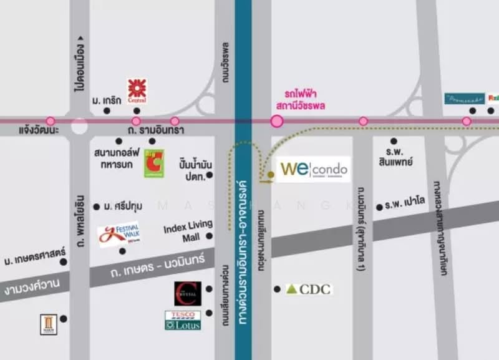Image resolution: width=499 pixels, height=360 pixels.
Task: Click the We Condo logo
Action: (x=313, y=169)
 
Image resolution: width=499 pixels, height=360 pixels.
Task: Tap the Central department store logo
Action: (x=137, y=90)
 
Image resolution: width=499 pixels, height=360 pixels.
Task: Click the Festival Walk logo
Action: (x=119, y=235)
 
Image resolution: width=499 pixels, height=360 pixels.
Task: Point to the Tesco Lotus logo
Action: (x=183, y=320)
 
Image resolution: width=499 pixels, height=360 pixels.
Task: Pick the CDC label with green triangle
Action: (x=309, y=289)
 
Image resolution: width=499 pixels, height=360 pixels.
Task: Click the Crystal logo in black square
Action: (x=187, y=294)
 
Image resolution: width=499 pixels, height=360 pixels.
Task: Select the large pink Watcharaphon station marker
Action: (x=277, y=121)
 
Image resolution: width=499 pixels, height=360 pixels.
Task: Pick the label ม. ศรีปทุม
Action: (x=122, y=207)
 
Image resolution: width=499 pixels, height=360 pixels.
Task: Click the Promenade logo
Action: (x=464, y=99)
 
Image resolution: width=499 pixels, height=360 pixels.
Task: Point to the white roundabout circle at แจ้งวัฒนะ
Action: (x=79, y=125)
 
